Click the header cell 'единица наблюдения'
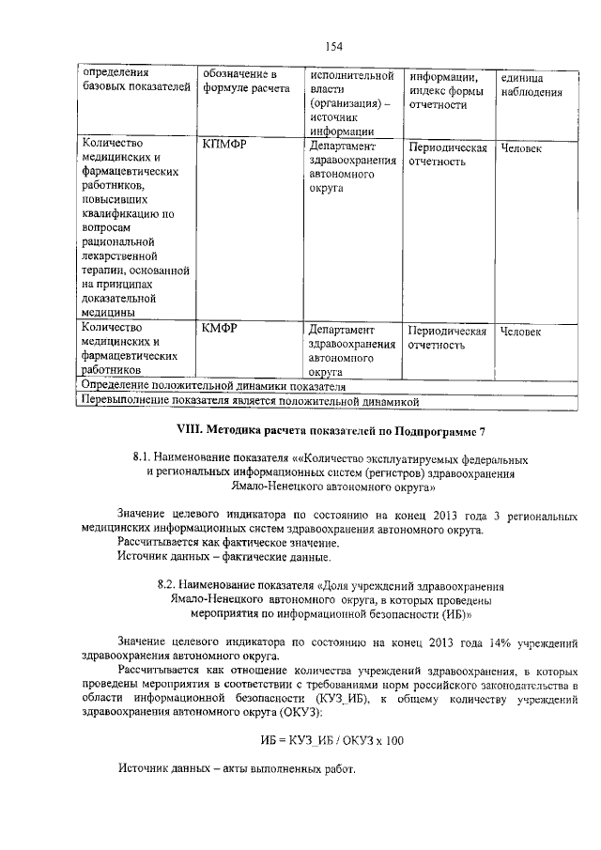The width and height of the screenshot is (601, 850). [x=531, y=84]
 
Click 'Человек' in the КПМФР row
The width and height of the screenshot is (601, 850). [x=521, y=148]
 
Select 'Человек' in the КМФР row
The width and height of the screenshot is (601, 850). [x=521, y=332]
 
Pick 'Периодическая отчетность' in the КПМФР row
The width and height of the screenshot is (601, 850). [x=447, y=155]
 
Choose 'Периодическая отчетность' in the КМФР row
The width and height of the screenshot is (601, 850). [x=447, y=338]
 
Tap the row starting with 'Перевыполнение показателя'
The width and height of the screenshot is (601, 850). [x=249, y=401]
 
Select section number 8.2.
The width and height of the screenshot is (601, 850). [x=169, y=585]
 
